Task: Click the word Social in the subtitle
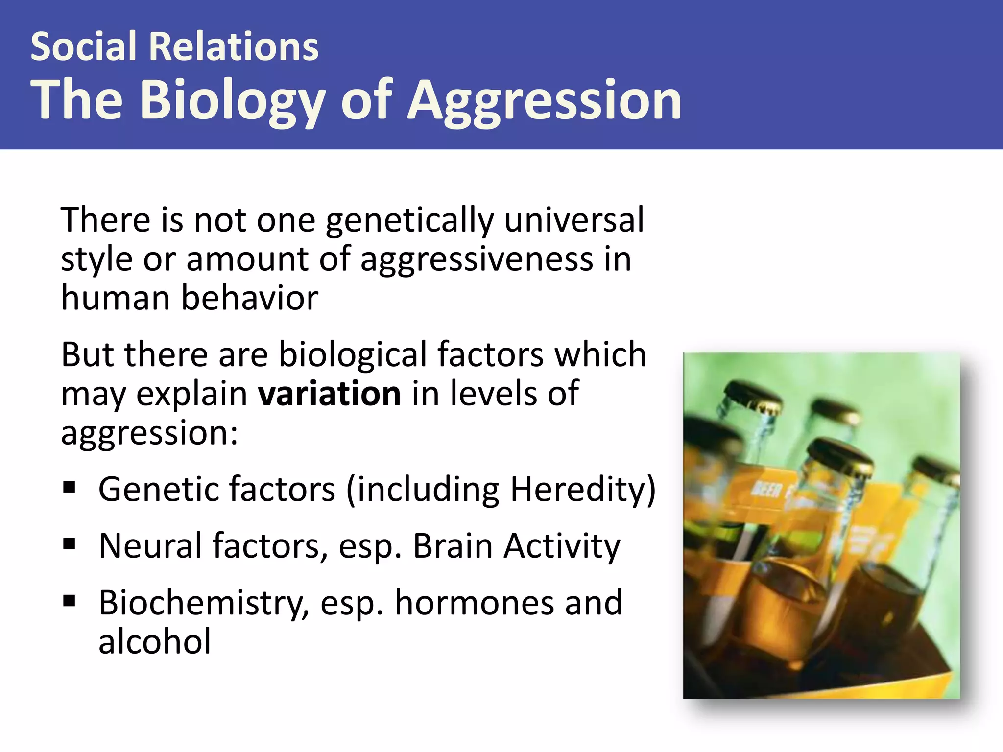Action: (x=83, y=47)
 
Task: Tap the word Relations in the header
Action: (x=234, y=47)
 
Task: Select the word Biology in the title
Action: (x=233, y=100)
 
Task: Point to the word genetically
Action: (x=409, y=220)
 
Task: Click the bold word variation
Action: (x=330, y=394)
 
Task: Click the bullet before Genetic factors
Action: (x=69, y=487)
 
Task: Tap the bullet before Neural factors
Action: (x=69, y=544)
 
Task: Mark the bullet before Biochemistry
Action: (x=69, y=601)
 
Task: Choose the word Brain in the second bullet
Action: (x=453, y=546)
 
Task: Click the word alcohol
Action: (x=155, y=641)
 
